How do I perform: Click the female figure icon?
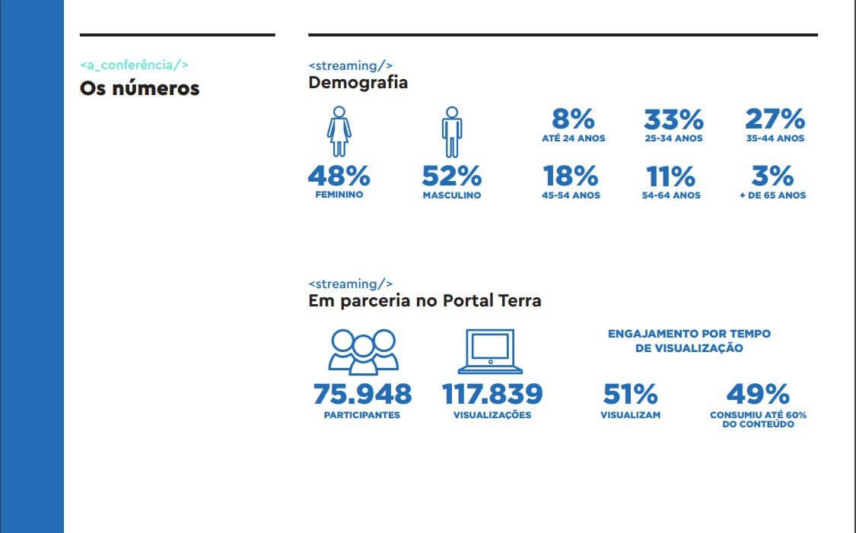(x=339, y=132)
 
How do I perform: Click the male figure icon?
(x=451, y=132)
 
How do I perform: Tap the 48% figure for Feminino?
(x=339, y=176)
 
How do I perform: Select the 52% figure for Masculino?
(x=452, y=176)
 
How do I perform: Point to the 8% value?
(x=572, y=119)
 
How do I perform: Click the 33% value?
(x=673, y=119)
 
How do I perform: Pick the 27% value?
(x=775, y=119)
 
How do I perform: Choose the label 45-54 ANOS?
(x=571, y=195)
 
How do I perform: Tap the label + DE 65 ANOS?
(x=773, y=195)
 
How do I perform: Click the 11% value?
(x=670, y=176)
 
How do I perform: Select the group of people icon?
(x=362, y=351)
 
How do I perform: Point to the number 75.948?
(x=362, y=394)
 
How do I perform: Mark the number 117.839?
(x=492, y=394)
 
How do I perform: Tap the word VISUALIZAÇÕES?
(x=492, y=415)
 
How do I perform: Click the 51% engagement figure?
(x=630, y=394)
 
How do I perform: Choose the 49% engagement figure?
(x=758, y=394)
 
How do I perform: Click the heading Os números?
(x=139, y=88)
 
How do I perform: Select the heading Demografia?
(x=358, y=82)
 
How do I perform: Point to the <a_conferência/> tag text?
(x=134, y=65)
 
